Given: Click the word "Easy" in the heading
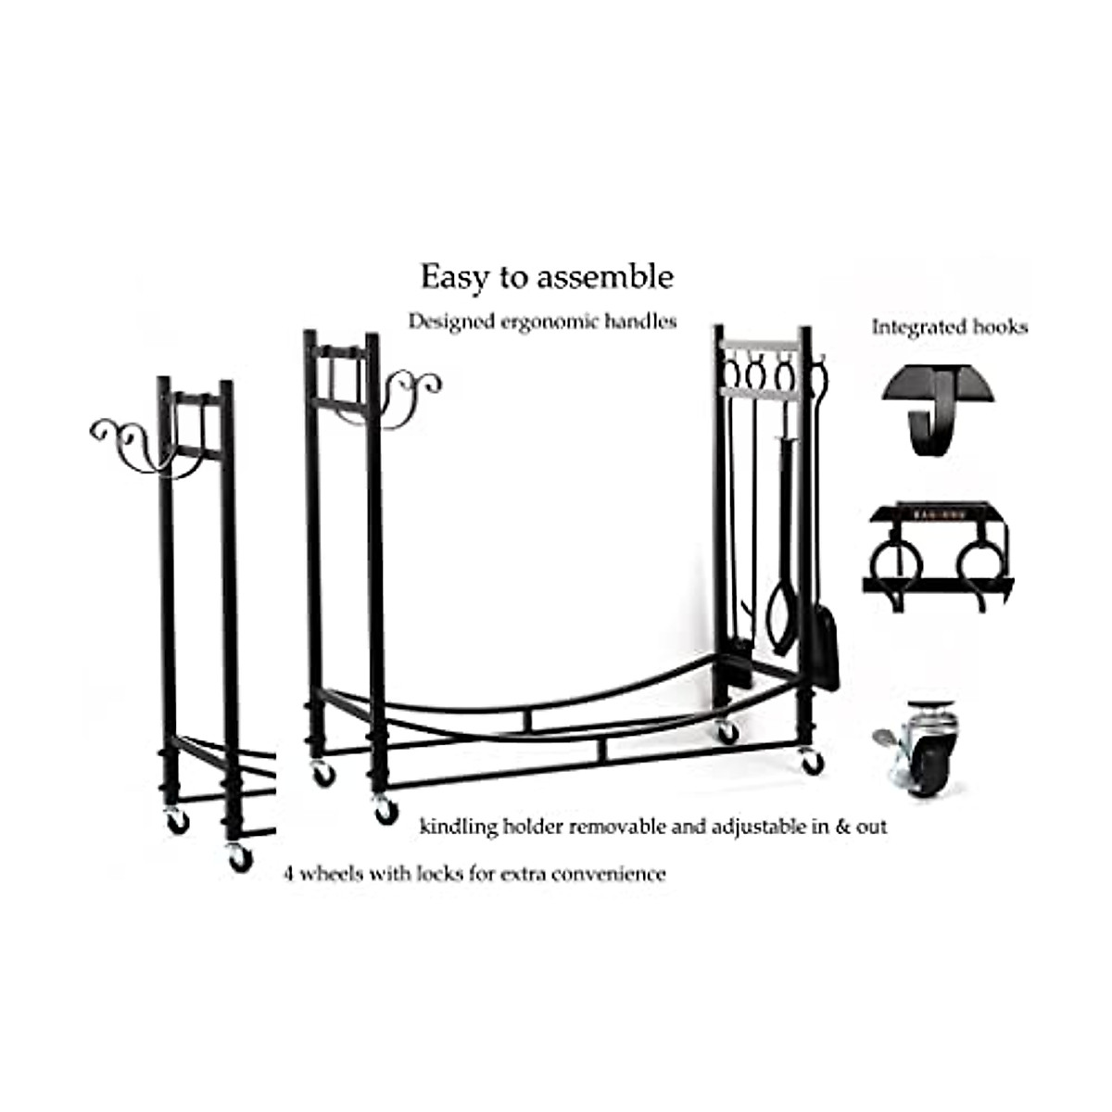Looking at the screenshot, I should [x=450, y=277].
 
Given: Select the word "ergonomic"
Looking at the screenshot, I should [x=551, y=322].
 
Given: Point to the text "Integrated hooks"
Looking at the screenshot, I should [x=949, y=327].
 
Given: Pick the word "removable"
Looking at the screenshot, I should [x=616, y=827].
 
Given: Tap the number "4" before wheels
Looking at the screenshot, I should [x=289, y=874].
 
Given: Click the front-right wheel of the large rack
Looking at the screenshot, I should [x=812, y=762].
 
